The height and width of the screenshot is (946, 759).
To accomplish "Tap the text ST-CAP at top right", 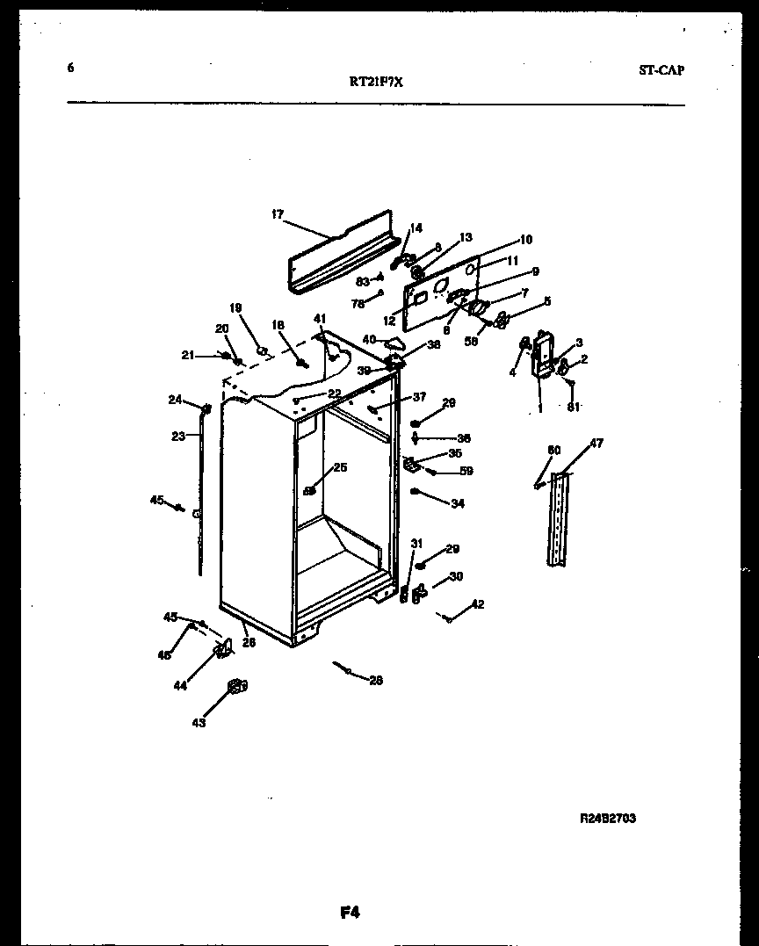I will coord(661,70).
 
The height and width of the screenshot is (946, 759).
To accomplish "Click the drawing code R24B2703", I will coord(608,818).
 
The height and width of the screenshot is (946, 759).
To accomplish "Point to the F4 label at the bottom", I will coord(351,913).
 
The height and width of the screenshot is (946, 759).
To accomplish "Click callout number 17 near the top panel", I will coord(278,213).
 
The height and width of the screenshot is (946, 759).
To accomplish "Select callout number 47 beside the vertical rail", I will coord(596,444).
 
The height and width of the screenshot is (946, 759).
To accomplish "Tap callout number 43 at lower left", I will coord(199,723).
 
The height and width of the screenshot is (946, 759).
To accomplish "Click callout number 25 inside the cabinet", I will coord(340,467).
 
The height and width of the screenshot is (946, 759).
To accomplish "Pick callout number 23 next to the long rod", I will coord(178,436).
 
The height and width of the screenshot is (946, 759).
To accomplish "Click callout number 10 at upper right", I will coord(525,239).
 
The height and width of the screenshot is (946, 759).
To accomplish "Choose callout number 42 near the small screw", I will coord(477,603).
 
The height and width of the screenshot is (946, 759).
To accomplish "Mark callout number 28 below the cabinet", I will coord(376,680).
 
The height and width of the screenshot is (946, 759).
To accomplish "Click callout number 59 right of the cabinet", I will coord(466,472).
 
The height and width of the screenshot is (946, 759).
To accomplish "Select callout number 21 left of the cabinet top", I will coord(187,355).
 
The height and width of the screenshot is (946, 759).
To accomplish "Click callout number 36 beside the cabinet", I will coord(464,438).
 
